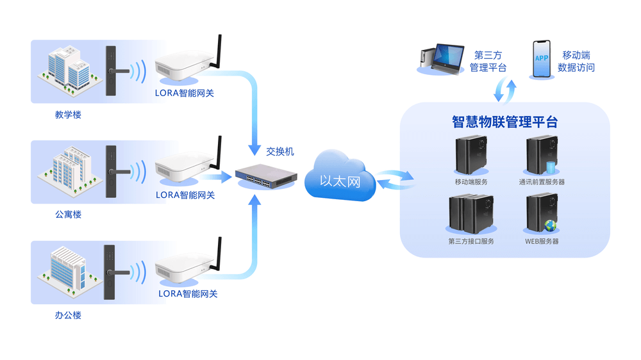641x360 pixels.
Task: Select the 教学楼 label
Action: (68, 115)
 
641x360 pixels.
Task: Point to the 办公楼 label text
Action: (68, 315)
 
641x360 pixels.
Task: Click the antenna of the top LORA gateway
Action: (217, 51)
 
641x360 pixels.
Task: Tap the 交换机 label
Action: (280, 152)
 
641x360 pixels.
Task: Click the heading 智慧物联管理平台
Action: (504, 122)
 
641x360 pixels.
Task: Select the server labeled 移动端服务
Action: (470, 155)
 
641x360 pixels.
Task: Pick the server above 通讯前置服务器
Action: (540, 156)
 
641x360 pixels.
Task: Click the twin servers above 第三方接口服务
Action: (470, 214)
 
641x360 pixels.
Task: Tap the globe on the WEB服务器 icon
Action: (550, 225)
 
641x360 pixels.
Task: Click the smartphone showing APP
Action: (542, 60)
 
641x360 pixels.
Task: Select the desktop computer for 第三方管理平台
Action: (442, 59)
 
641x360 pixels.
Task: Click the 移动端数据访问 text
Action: (576, 61)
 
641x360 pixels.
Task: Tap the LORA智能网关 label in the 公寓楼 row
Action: (185, 195)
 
